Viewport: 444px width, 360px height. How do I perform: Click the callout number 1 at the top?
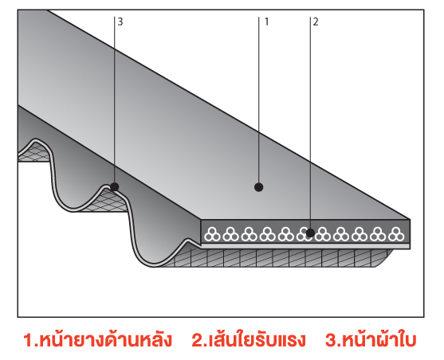point(266,22)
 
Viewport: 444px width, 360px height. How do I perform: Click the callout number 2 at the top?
point(316,22)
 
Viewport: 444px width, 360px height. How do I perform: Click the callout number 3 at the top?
point(120,22)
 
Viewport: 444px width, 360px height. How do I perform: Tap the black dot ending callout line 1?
point(258,187)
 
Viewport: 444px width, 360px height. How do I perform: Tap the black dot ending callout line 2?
point(310,233)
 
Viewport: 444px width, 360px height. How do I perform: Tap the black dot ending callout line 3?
point(115,187)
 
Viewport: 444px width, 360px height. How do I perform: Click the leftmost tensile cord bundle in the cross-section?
point(212,234)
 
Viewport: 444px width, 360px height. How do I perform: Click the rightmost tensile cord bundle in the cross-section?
point(396,234)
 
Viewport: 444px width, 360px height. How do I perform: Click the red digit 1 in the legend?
point(29,340)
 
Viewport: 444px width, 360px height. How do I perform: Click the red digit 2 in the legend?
point(197,340)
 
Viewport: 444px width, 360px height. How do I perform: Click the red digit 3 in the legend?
point(331,340)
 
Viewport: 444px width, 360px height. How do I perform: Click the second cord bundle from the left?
point(231,234)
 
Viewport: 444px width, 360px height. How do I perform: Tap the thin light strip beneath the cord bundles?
point(305,246)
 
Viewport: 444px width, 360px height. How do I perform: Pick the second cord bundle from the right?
point(378,234)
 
